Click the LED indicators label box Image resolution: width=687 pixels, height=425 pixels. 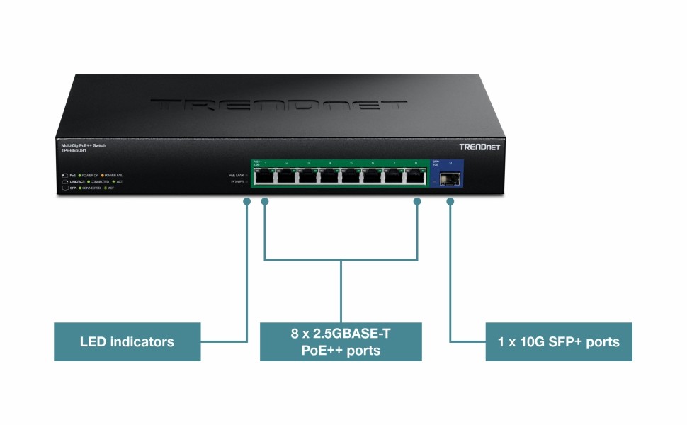tap(127, 342)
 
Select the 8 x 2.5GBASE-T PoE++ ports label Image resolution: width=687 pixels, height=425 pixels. tap(341, 341)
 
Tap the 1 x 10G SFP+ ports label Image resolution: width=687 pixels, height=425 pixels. tap(559, 342)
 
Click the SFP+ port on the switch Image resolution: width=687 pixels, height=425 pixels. tap(449, 178)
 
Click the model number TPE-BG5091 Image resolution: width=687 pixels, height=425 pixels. tap(73, 150)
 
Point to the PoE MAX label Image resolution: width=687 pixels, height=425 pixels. tap(237, 174)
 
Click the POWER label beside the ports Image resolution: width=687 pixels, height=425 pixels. tap(238, 182)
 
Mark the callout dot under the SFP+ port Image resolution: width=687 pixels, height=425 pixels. tap(449, 202)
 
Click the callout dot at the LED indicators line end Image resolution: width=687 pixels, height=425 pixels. tap(246, 202)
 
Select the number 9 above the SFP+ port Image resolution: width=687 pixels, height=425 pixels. tap(450, 163)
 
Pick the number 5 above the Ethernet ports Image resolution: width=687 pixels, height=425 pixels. tap(351, 164)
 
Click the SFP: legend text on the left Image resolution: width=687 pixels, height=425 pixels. tap(73, 188)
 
